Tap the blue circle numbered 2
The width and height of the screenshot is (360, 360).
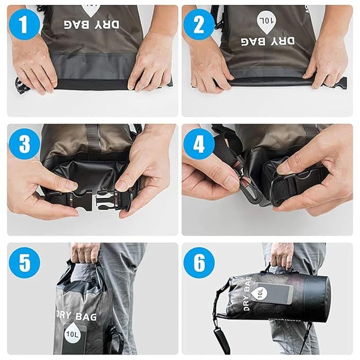pyautogui.click(x=199, y=24)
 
